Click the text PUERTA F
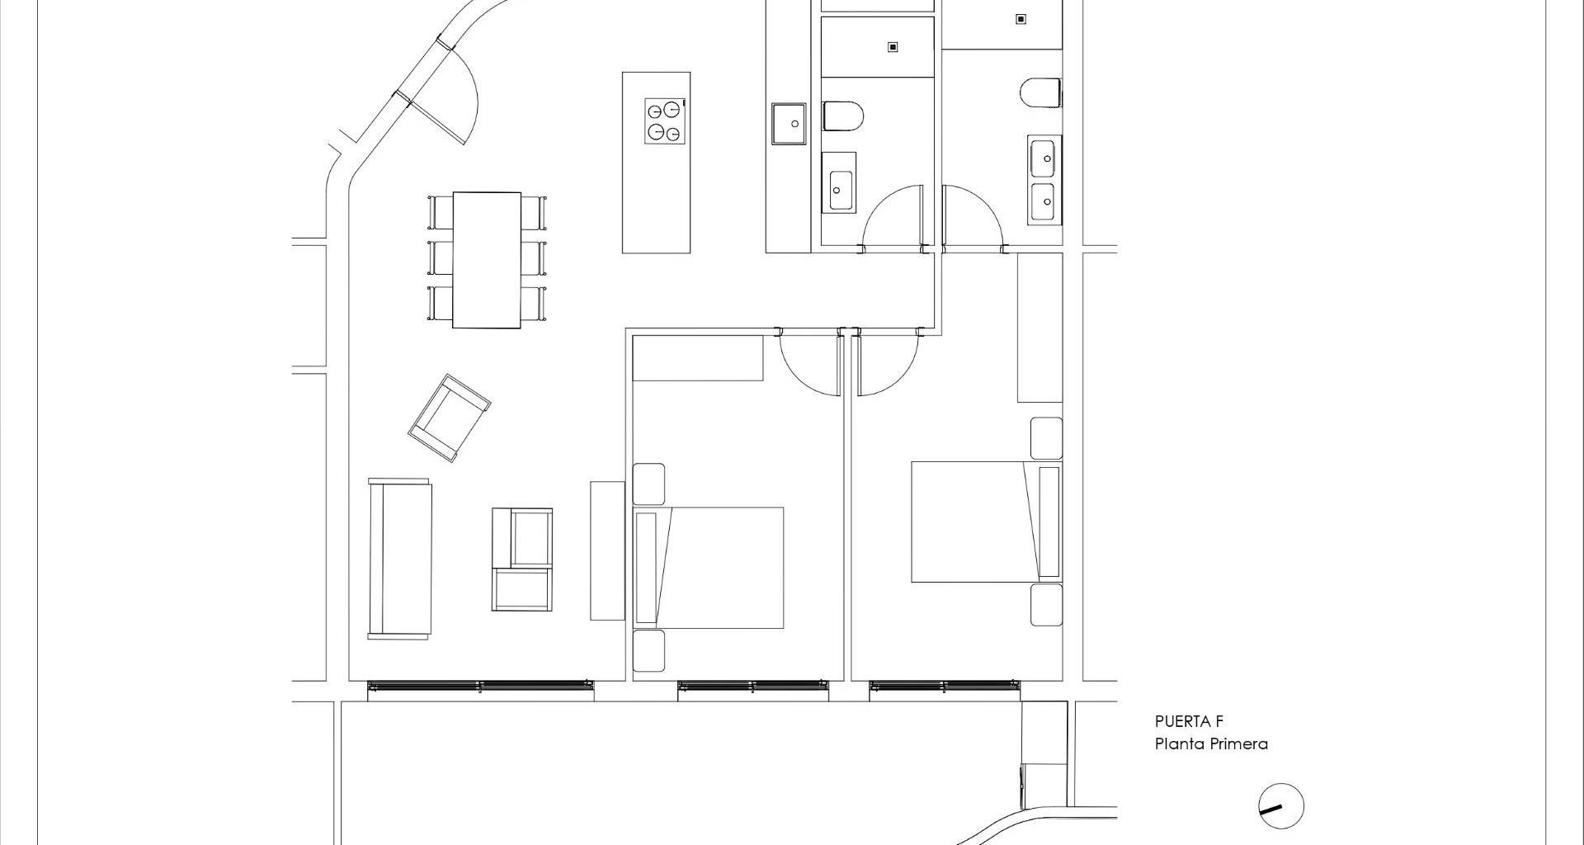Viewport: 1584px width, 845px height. point(1189,721)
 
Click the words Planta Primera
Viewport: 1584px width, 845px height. point(1211,744)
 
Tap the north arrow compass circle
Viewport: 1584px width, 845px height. point(1280,806)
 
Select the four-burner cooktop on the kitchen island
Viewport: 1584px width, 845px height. point(664,121)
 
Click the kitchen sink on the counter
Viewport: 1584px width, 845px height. point(789,124)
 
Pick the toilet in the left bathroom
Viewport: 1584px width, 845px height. point(842,116)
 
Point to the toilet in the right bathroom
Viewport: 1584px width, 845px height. point(1040,93)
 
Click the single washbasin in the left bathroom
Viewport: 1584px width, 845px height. point(839,182)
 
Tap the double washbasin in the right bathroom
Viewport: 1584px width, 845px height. point(1044,180)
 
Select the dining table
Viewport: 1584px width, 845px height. point(487,259)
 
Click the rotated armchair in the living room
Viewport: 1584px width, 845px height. point(450,418)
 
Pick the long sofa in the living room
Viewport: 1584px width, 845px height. point(400,558)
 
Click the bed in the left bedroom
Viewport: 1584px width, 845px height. point(708,568)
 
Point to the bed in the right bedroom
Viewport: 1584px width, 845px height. point(986,522)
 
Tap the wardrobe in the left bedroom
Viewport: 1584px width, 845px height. point(698,357)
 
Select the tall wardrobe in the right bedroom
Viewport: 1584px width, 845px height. point(1039,328)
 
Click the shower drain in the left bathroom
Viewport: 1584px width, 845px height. point(892,47)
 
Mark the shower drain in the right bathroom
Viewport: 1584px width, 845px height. point(1021,18)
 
